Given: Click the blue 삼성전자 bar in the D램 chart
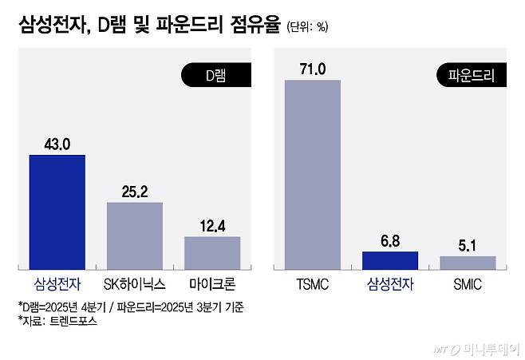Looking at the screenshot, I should tap(57, 212).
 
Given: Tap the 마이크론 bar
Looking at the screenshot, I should tap(212, 252).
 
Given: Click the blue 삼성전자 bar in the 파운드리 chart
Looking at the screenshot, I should tap(390, 260).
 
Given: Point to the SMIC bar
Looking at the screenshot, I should tap(468, 263).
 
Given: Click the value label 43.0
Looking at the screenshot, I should tap(57, 144).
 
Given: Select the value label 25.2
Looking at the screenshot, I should tap(135, 192).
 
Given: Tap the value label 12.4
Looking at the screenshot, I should tap(212, 226).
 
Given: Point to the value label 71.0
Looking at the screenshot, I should tap(313, 69).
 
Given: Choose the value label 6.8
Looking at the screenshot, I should tap(390, 241).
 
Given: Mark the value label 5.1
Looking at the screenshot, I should tap(468, 246).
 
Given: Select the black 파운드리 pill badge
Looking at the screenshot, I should tap(472, 77).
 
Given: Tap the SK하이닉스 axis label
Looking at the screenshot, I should tap(135, 283).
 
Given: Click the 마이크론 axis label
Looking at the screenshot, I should tap(212, 283).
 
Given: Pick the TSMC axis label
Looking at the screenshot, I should tap(313, 283).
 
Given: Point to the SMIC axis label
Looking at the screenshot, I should tap(468, 283).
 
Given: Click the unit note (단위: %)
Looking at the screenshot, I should tap(307, 27).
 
